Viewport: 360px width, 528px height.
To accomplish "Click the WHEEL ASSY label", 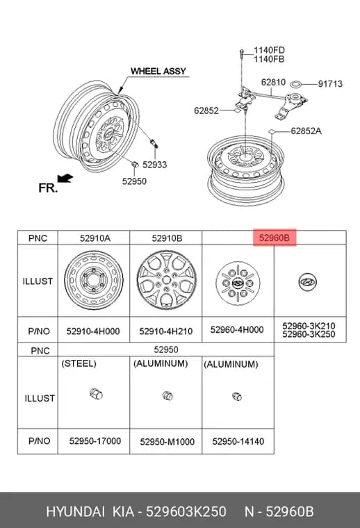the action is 158,72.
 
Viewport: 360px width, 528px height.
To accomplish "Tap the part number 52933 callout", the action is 154,165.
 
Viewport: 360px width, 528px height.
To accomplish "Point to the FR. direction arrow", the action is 65,178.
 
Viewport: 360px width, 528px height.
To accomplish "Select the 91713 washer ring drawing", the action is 296,83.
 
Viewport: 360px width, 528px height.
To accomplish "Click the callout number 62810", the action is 273,82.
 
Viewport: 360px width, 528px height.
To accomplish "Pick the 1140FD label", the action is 269,50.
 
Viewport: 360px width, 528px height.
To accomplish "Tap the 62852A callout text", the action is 306,131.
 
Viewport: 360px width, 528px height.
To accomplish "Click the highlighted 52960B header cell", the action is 275,238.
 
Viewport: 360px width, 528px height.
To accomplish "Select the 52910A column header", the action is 95,238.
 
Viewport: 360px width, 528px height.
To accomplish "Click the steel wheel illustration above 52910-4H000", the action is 94,280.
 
